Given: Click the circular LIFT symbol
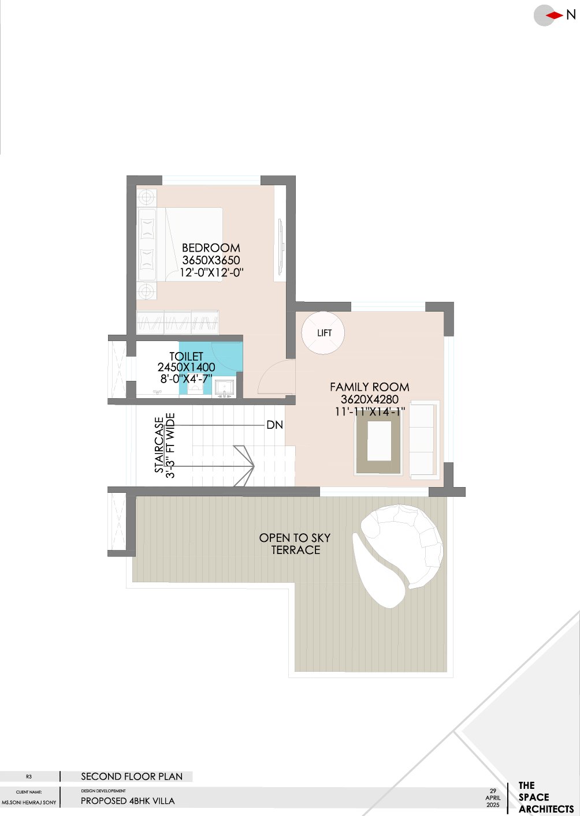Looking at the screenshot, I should coord(323,333).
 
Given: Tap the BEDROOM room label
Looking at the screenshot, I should coord(211,248).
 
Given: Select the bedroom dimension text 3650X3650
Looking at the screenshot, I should coord(211,260).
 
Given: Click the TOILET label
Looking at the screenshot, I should coord(186,357).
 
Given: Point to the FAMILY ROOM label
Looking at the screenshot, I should coord(369,387).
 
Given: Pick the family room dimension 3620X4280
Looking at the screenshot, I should coord(369,399).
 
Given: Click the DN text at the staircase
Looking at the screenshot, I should coord(274,425).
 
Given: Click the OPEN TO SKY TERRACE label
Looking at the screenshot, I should coord(295,544).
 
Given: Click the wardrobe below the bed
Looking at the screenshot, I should coord(177,322).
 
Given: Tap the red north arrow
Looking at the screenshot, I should coord(555,15).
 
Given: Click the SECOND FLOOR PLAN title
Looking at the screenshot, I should coord(132,777).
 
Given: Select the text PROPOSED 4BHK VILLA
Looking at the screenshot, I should coord(128,801).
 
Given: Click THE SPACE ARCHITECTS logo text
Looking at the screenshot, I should coord(545,798).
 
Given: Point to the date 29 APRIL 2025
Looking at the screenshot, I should coord(493,798).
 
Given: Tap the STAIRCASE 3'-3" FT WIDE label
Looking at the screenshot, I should coord(165,446).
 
